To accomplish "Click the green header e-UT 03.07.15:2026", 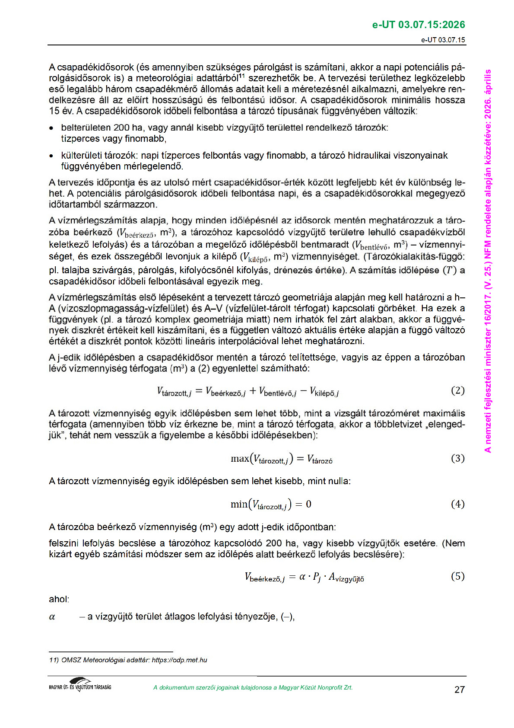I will pyautogui.click(x=418, y=25).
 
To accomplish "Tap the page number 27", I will pyautogui.click(x=460, y=690).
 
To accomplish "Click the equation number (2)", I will pyautogui.click(x=457, y=391).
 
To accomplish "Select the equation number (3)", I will pyautogui.click(x=457, y=458).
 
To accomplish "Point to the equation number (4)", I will pyautogui.click(x=457, y=504).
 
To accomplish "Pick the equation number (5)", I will pyautogui.click(x=457, y=576).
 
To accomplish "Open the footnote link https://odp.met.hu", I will pyautogui.click(x=179, y=660).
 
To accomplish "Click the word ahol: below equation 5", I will pyautogui.click(x=59, y=599).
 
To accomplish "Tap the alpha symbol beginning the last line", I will pyautogui.click(x=52, y=617).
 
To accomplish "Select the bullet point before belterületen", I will pyautogui.click(x=52, y=128).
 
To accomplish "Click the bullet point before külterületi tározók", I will pyautogui.click(x=52, y=156).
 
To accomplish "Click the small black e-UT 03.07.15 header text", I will pyautogui.click(x=443, y=40).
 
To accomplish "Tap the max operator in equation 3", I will pyautogui.click(x=240, y=459).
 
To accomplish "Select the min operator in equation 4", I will pyautogui.click(x=239, y=504).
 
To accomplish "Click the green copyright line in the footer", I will pyautogui.click(x=253, y=688).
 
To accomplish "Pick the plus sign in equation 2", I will pyautogui.click(x=252, y=391).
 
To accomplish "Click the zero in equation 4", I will pyautogui.click(x=308, y=504).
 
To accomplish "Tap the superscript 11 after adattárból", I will pyautogui.click(x=242, y=76).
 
